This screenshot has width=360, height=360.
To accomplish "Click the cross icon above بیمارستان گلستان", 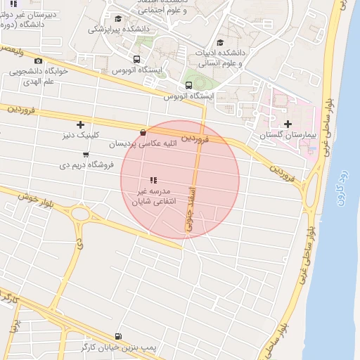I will click(288, 124).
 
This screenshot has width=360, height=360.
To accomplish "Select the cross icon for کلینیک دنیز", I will click(80, 124).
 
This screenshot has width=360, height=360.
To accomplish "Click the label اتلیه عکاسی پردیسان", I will click(141, 143).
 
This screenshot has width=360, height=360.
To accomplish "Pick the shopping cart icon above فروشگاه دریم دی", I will click(86, 155).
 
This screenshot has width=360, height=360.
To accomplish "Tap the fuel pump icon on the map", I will click(117, 337).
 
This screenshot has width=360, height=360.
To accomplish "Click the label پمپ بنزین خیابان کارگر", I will click(114, 347).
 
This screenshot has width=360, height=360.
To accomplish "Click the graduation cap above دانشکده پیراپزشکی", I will click(118, 19).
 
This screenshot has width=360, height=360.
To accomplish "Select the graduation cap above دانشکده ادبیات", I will click(220, 43).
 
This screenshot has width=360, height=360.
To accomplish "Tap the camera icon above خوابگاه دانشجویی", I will click(38, 61).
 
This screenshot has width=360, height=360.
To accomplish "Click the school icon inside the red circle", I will click(153, 181).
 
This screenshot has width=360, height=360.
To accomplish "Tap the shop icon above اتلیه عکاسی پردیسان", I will click(143, 132).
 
